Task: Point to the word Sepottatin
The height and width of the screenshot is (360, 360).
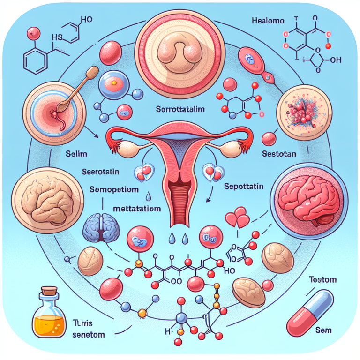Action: coord(244,186)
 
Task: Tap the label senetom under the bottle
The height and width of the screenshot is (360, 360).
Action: coord(89,335)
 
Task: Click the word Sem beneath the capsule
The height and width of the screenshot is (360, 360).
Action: coord(323,330)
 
